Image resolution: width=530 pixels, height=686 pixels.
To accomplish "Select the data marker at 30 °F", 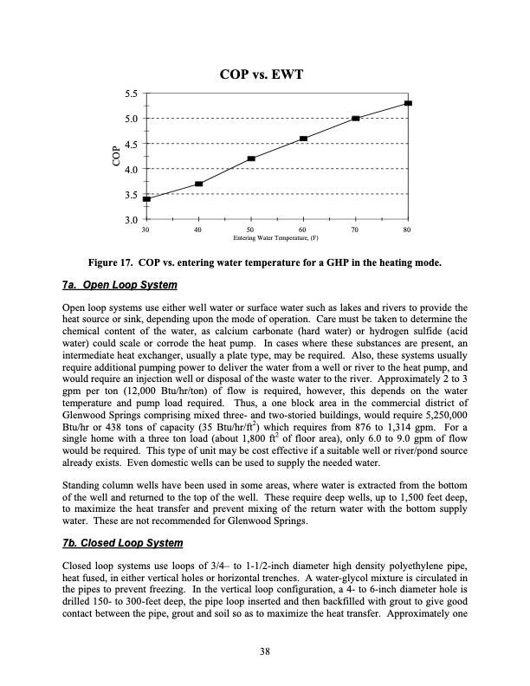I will [x=146, y=198].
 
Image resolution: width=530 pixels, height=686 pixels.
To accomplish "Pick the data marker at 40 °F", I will [x=199, y=184].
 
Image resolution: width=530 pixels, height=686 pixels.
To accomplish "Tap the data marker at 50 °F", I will [x=251, y=159].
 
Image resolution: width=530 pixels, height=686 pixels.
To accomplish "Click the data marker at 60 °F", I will [x=303, y=139].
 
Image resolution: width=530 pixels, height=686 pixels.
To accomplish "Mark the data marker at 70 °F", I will [x=356, y=118].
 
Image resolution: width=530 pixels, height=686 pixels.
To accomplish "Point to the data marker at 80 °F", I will [x=408, y=103].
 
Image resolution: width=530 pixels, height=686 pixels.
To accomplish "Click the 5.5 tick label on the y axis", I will [x=132, y=92].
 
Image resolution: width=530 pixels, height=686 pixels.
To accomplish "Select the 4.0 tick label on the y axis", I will [x=132, y=169].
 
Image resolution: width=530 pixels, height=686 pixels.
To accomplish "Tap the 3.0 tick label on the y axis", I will [x=132, y=221].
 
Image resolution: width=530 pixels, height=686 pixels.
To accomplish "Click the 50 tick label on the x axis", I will [x=251, y=229].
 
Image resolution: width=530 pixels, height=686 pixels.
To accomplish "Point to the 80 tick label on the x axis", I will [x=407, y=229].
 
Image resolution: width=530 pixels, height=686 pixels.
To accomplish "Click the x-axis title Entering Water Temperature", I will [x=277, y=237].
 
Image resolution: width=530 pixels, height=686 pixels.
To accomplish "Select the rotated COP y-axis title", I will [x=114, y=156].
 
